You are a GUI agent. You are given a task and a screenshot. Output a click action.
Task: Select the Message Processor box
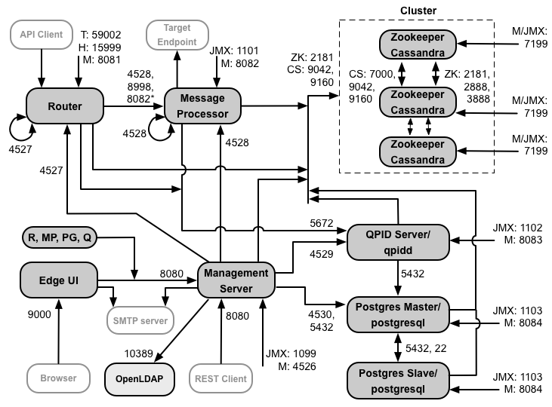tap(202, 107)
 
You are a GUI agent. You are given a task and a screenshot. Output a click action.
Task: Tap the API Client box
tap(42, 35)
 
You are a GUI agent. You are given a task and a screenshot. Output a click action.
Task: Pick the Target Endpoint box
tap(177, 34)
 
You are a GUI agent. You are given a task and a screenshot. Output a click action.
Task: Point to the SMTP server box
tap(140, 319)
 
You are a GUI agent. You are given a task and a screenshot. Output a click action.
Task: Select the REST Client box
tap(220, 378)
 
